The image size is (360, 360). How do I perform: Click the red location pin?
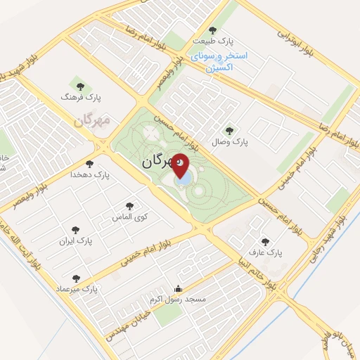pyautogui.click(x=181, y=166)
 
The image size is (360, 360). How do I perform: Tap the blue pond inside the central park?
pyautogui.click(x=182, y=179)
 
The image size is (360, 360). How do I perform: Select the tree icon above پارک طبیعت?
pyautogui.click(x=212, y=30)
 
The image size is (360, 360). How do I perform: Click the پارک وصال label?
pyautogui.click(x=229, y=141)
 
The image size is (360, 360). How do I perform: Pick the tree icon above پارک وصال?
pyautogui.click(x=228, y=130)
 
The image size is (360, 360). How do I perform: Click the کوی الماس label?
pyautogui.click(x=129, y=217)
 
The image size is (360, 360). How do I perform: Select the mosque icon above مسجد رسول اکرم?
pyautogui.click(x=178, y=288)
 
